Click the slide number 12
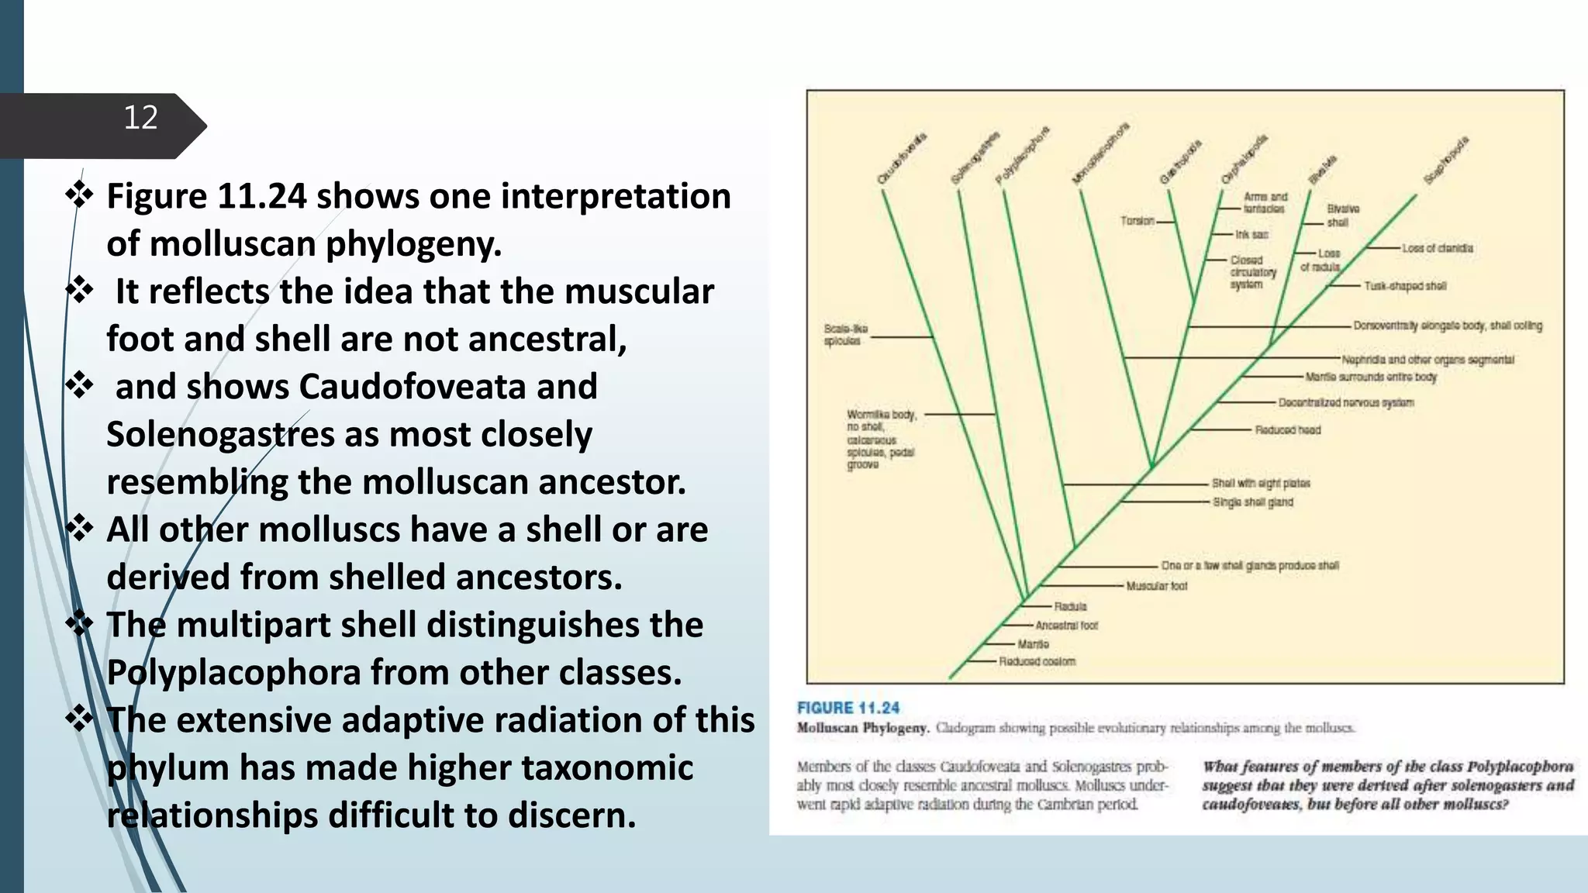140,118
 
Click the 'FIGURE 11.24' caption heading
848,708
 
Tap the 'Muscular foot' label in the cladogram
1156,586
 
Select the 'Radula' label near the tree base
1070,606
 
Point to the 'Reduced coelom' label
1037,661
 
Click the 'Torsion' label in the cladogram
1137,221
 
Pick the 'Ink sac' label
1251,234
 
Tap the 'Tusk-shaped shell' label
1405,286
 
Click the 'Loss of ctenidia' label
1437,248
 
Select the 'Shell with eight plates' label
1261,483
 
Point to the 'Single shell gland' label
1253,502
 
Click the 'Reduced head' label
1287,429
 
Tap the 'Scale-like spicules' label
845,335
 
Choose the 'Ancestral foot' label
1066,625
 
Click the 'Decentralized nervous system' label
1345,402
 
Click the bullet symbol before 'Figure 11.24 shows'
79,195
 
